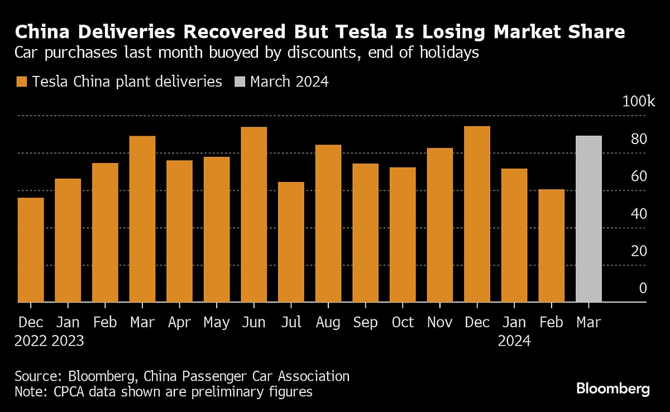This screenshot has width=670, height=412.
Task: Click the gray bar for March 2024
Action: [588, 219]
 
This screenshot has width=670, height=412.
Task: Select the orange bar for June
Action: [254, 215]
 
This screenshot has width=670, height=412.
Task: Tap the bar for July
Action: [291, 242]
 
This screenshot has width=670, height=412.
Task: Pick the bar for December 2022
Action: [31, 250]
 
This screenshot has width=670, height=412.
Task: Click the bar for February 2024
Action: [552, 246]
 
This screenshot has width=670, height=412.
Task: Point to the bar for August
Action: [328, 223]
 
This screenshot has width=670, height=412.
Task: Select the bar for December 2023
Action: [477, 214]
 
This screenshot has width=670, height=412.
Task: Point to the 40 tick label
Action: [639, 214]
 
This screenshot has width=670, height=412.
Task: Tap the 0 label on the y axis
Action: [643, 288]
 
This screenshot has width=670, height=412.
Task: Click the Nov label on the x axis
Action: [440, 323]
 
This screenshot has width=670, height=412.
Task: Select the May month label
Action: [217, 323]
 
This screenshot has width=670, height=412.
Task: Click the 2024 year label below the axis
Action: [514, 341]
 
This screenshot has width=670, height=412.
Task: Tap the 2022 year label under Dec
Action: [31, 341]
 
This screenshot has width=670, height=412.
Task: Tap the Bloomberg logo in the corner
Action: [612, 389]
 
